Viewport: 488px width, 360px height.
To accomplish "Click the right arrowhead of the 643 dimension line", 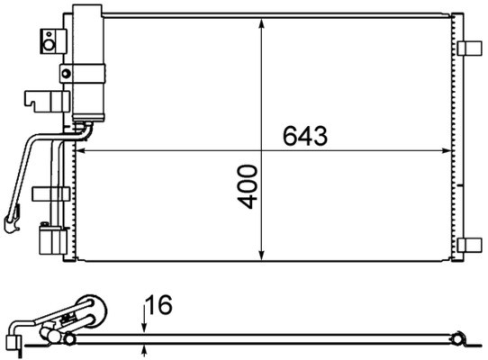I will tap(447, 150).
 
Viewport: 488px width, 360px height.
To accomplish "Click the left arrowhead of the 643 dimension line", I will tap(77, 150).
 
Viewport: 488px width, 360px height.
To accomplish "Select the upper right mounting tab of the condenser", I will tap(469, 49).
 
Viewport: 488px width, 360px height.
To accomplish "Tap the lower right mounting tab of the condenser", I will tap(469, 245).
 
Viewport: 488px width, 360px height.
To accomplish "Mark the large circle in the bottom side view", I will tap(90, 311).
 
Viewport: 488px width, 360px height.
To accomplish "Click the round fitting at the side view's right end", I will tap(458, 339).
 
